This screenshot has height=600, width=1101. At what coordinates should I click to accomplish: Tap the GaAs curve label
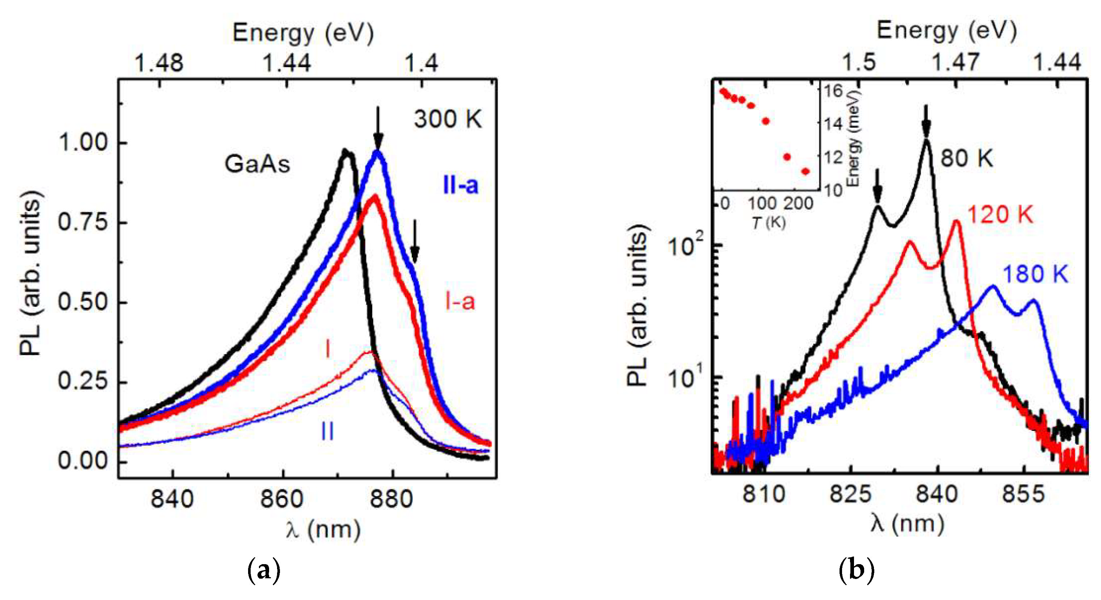point(257,164)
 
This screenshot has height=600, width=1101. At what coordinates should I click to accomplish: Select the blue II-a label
point(460,186)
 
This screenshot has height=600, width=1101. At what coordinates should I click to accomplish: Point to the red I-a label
point(460,302)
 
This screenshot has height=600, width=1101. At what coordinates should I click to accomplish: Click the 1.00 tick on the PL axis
point(83,142)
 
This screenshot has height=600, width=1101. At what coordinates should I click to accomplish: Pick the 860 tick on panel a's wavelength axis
point(282,499)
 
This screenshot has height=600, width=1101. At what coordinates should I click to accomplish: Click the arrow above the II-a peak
point(378,127)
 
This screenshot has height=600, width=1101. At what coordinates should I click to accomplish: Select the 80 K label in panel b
point(966,159)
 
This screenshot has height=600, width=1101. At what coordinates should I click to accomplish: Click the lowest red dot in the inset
point(806,171)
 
